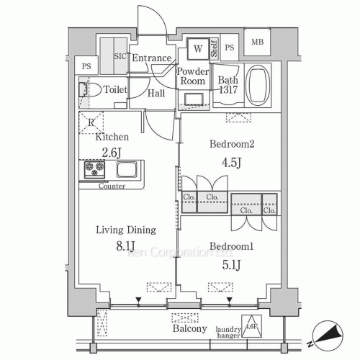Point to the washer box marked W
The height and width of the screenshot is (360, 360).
197,50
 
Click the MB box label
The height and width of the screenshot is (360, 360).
257,42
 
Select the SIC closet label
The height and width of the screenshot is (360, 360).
120,57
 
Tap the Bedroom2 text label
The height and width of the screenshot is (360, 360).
233,143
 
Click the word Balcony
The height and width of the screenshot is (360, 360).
190,329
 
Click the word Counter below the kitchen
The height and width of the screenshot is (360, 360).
112,186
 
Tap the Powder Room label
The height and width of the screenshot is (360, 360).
192,76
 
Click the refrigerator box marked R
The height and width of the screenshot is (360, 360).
91,122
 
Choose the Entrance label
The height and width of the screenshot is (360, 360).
152,58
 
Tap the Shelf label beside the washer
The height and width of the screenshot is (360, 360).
214,50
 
